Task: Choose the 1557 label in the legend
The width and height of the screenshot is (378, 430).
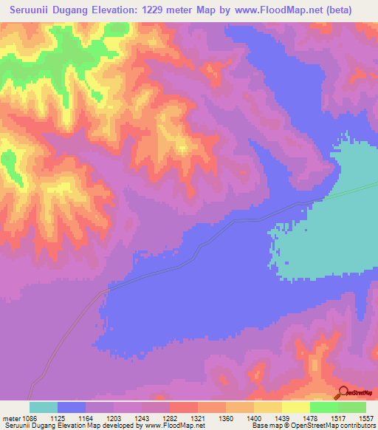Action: (x=366, y=417)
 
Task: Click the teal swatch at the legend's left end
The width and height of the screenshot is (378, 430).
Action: (x=44, y=407)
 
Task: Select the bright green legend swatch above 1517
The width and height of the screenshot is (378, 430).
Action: (x=324, y=407)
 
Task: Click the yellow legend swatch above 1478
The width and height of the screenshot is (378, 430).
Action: (x=296, y=407)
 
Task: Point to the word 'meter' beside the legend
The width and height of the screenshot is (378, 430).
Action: (x=13, y=417)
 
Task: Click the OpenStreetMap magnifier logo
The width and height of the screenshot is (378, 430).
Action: (x=342, y=393)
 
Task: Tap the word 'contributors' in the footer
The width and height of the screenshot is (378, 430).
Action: (x=355, y=426)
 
